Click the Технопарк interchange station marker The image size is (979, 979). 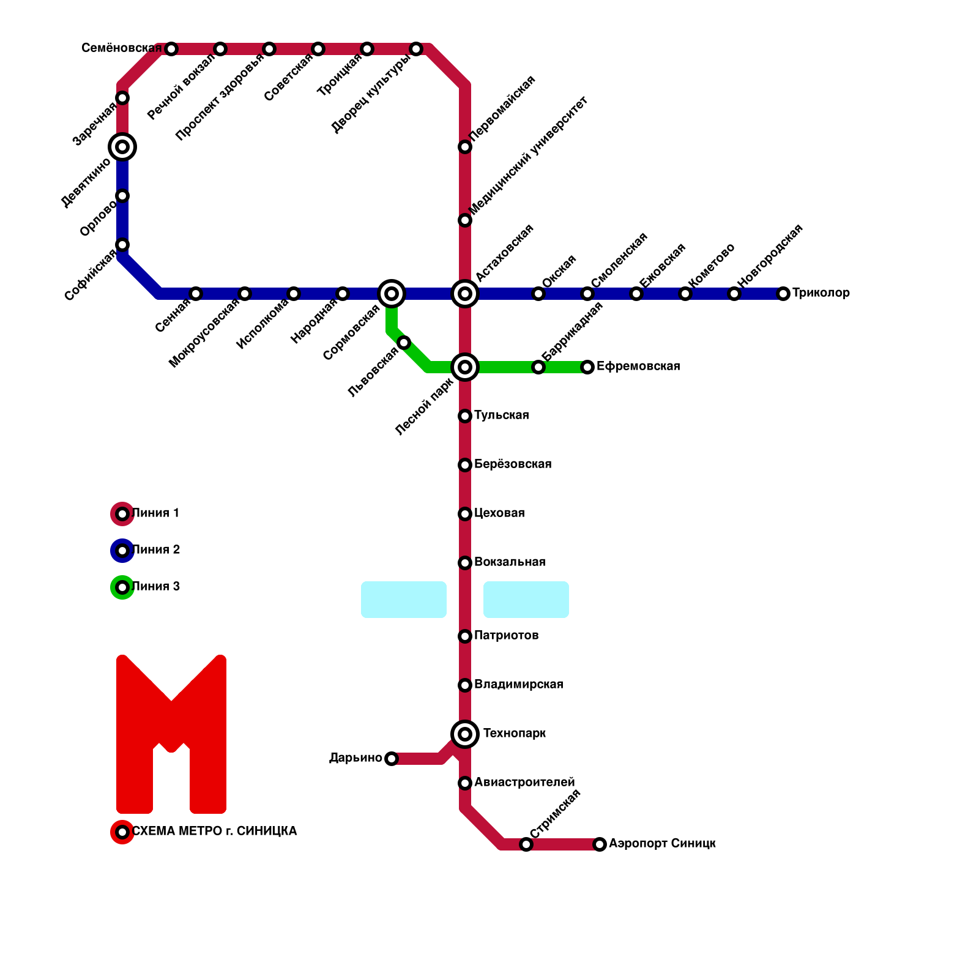(465, 734)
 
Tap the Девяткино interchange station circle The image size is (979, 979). (122, 147)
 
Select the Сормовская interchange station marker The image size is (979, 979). (392, 294)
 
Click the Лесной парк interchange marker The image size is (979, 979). (465, 367)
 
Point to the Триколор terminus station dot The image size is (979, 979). (783, 294)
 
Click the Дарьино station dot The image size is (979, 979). (392, 759)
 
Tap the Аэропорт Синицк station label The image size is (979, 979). (662, 844)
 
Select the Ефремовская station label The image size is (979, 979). (638, 367)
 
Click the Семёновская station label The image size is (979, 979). (121, 48)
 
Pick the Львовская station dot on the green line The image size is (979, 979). (404, 343)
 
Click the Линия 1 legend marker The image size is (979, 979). (122, 514)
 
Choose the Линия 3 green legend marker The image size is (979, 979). (122, 587)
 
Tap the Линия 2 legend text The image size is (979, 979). (156, 550)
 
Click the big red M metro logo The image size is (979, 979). (171, 734)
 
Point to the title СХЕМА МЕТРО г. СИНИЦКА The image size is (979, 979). (214, 832)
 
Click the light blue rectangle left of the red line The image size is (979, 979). (404, 600)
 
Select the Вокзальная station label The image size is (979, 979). (510, 562)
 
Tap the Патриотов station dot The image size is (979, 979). (465, 636)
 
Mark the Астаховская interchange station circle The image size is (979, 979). (465, 294)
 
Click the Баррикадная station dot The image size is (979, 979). (538, 367)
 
